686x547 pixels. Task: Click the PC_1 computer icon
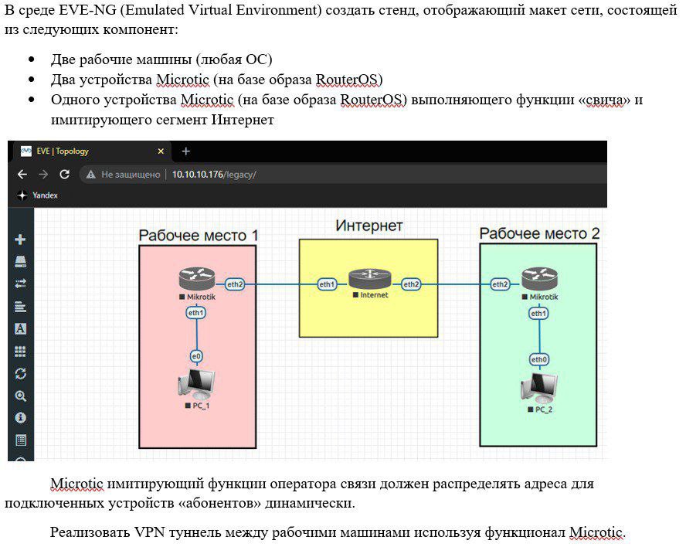196,383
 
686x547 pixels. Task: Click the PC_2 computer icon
539,388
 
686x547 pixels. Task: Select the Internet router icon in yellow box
370,279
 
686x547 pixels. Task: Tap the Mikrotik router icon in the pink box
197,279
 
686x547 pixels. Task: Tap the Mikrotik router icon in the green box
539,279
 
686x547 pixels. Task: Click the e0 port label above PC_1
196,356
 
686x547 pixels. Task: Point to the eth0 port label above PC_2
539,359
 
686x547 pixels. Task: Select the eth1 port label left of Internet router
327,284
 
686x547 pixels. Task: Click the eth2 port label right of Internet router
411,284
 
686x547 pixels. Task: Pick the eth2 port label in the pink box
235,284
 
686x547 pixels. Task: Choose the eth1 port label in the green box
538,314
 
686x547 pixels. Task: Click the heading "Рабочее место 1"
199,236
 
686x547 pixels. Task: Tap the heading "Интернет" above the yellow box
368,226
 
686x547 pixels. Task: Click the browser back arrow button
22,175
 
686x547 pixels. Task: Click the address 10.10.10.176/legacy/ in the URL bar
214,175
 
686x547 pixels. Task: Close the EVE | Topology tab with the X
161,151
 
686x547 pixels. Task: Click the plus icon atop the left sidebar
20,240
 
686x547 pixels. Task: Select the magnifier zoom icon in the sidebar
20,396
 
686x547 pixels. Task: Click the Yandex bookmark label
45,195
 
